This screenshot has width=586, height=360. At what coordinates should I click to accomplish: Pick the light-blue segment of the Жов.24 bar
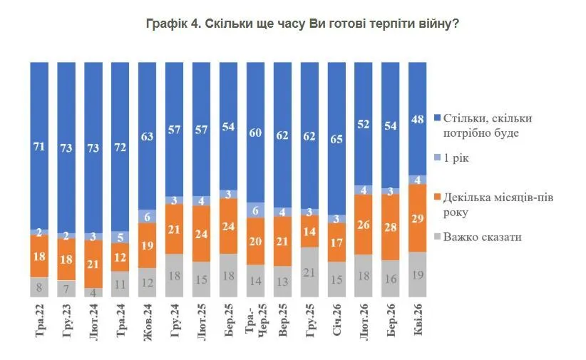pyautogui.click(x=147, y=217)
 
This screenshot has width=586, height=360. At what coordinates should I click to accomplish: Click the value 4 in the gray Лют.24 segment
pyautogui.click(x=93, y=292)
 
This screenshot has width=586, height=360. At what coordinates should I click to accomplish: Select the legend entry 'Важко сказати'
pyautogui.click(x=482, y=237)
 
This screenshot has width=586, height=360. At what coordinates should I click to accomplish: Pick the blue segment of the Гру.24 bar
pyautogui.click(x=174, y=128)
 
